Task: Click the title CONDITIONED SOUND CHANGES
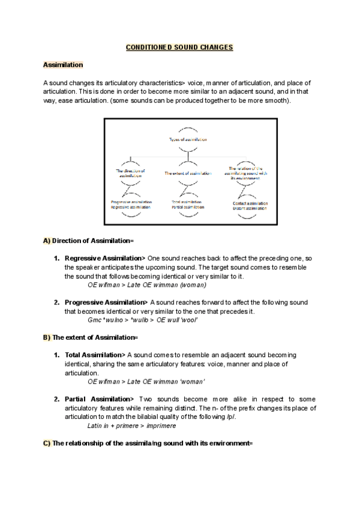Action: click(x=179, y=47)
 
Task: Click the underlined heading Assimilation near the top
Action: click(x=63, y=64)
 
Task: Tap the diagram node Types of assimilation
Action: click(x=188, y=139)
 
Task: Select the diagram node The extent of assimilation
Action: click(x=188, y=173)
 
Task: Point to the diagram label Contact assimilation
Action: click(x=250, y=203)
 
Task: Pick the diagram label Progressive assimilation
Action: click(x=131, y=202)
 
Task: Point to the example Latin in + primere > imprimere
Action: click(x=131, y=426)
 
